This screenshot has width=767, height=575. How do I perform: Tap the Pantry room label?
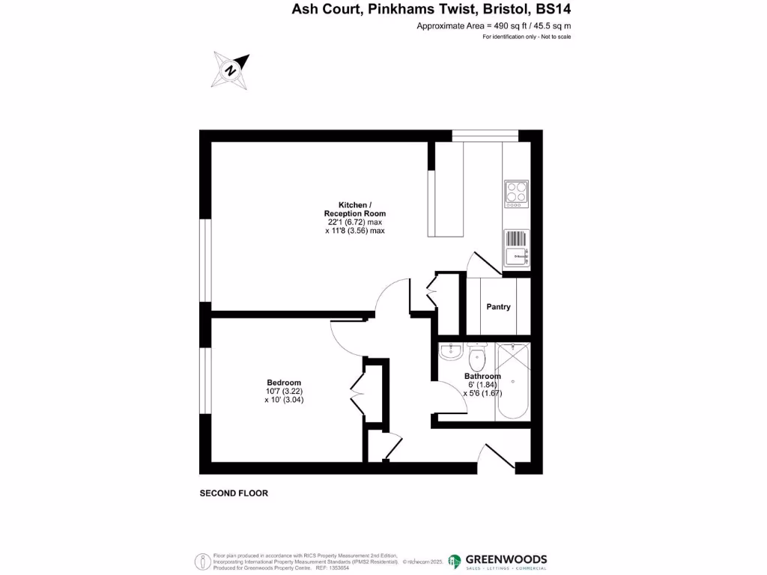[x=498, y=307]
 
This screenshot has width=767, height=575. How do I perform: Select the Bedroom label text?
[x=284, y=383]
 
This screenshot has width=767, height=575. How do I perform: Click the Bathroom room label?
[x=482, y=376]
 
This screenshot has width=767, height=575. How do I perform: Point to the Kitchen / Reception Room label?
[x=351, y=209]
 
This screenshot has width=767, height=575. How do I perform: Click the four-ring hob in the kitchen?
[x=516, y=193]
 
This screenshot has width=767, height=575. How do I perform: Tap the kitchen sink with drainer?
[x=516, y=247]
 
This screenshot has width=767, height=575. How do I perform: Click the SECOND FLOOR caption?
[x=234, y=493]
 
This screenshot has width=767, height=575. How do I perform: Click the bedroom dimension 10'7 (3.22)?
[x=284, y=392]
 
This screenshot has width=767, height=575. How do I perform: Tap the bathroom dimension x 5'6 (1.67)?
[x=482, y=393]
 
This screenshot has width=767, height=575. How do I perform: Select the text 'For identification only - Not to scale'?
[x=527, y=37]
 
